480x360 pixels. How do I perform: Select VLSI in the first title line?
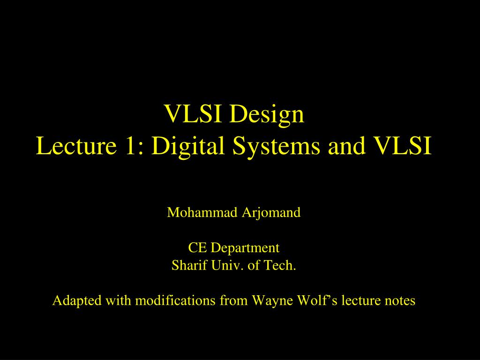pyautogui.click(x=193, y=113)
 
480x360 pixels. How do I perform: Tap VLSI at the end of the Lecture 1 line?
pyautogui.click(x=403, y=146)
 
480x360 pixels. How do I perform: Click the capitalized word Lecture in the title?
pyautogui.click(x=76, y=146)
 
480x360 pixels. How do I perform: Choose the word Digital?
pyautogui.click(x=188, y=147)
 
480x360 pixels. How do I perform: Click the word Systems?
pyautogui.click(x=276, y=147)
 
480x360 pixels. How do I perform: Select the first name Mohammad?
pyautogui.click(x=202, y=212)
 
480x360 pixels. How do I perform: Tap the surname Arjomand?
pyautogui.click(x=271, y=213)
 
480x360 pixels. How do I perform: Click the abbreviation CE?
pyautogui.click(x=197, y=247)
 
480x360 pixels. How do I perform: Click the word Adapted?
pyautogui.click(x=77, y=301)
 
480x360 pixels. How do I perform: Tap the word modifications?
pyautogui.click(x=175, y=300)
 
